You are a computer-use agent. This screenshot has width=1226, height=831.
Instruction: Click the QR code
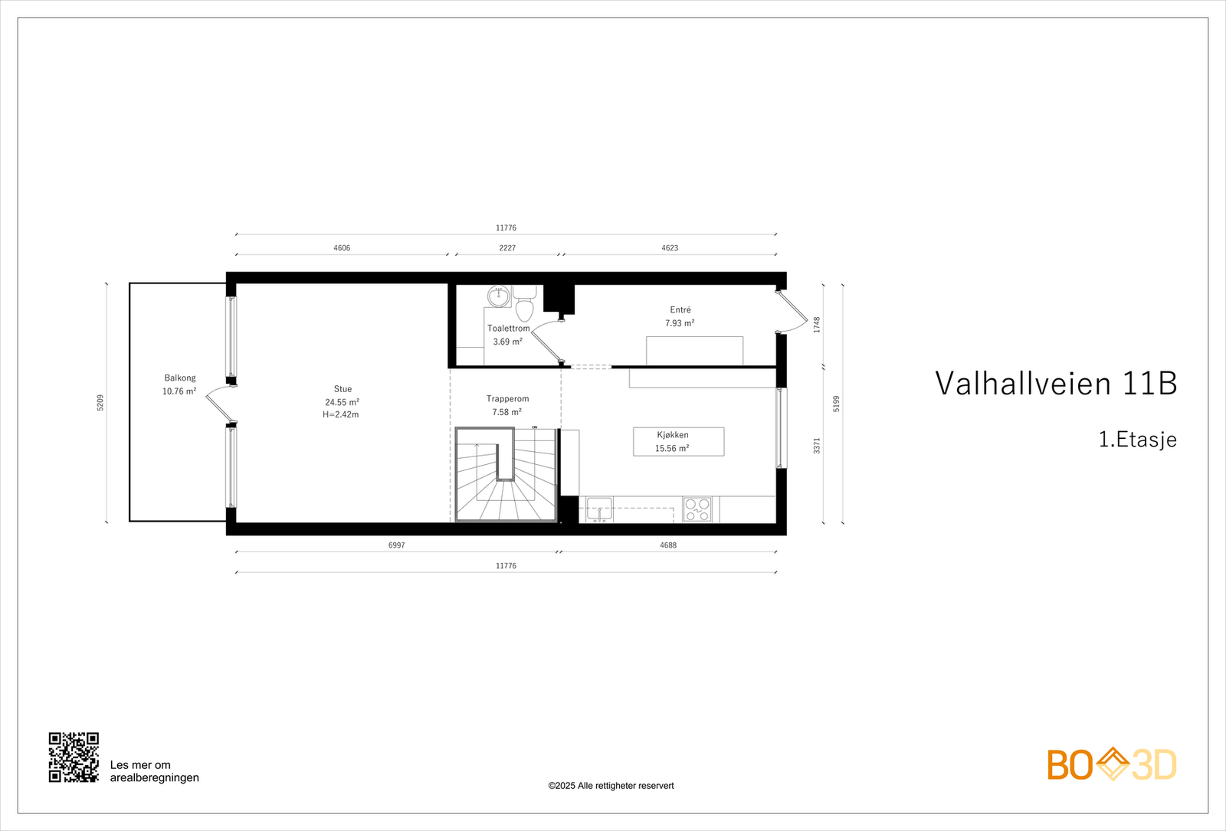[x=74, y=757]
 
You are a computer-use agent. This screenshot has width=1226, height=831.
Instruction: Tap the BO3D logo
[x=1112, y=764]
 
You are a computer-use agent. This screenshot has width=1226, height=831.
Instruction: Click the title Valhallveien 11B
[x=1056, y=383]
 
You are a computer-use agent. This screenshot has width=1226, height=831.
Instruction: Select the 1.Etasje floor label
[x=1137, y=440]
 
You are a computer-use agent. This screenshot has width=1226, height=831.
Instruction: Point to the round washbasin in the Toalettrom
[x=499, y=296]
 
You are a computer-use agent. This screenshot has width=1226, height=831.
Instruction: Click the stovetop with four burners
[x=697, y=509]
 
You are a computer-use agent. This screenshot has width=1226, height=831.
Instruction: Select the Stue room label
[x=343, y=389]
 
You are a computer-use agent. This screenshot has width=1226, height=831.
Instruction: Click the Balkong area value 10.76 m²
[x=179, y=391]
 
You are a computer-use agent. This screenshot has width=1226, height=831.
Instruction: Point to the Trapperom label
[x=507, y=399]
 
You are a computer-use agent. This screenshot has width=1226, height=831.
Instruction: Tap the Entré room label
[x=680, y=310]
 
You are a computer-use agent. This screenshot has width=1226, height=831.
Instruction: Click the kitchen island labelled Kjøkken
[x=678, y=442]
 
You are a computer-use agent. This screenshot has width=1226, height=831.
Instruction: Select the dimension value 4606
[x=342, y=248]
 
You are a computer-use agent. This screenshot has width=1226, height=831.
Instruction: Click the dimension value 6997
[x=396, y=545]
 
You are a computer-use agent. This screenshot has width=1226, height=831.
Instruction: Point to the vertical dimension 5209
[x=100, y=403]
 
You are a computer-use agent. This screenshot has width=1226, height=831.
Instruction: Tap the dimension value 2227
[x=507, y=248]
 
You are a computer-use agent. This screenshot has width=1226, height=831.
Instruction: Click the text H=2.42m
[x=341, y=415]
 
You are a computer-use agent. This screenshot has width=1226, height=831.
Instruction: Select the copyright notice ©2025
[x=611, y=786]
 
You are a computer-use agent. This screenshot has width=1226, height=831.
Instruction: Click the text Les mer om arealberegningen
[x=154, y=771]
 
